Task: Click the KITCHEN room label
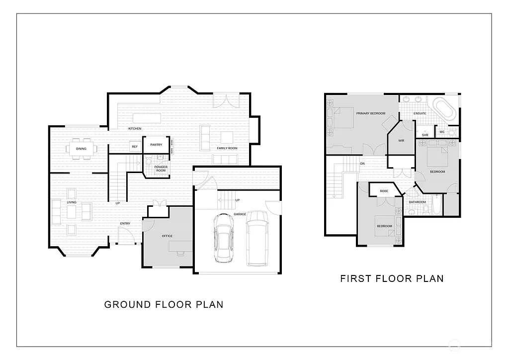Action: click(x=135, y=129)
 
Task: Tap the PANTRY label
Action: click(x=156, y=145)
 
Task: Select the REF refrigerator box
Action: click(x=135, y=147)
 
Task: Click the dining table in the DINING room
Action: click(x=81, y=149)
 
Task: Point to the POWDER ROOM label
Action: click(x=161, y=169)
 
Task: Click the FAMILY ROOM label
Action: click(x=227, y=149)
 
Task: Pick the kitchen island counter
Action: click(x=147, y=118)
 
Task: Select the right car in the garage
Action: click(x=257, y=238)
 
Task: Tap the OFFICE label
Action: click(x=167, y=236)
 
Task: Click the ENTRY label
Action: click(x=125, y=224)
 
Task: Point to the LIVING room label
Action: click(x=72, y=202)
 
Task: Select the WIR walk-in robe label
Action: click(x=401, y=141)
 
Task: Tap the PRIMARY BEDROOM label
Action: click(x=370, y=113)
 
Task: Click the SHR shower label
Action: click(x=425, y=135)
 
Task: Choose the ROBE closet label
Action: click(x=384, y=191)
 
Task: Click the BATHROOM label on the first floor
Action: click(x=417, y=202)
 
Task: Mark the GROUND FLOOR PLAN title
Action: click(x=164, y=304)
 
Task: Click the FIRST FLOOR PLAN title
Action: click(x=392, y=278)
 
